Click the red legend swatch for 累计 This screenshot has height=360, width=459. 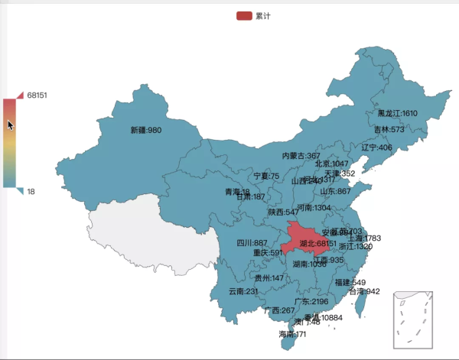click(245, 15)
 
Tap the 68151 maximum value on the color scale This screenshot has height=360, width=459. click(37, 96)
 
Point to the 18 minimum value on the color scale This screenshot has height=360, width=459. click(31, 191)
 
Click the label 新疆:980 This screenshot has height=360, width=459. click(145, 131)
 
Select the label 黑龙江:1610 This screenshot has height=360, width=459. click(397, 114)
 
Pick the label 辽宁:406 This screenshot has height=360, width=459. click(376, 148)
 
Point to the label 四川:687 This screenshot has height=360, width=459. click(252, 243)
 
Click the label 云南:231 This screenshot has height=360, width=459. click(243, 291)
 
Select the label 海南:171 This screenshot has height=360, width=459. click(292, 335)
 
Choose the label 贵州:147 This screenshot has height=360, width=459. click(269, 278)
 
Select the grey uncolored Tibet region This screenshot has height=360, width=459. click(153, 229)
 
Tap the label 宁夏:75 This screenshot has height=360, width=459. click(267, 177)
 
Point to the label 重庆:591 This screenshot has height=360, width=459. click(268, 253)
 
